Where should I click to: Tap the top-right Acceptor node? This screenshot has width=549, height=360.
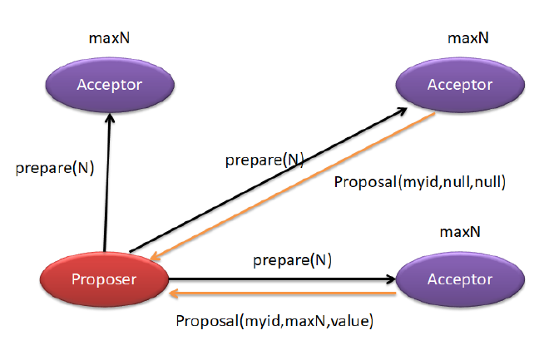click(459, 85)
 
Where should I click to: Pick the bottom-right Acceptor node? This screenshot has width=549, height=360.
click(459, 280)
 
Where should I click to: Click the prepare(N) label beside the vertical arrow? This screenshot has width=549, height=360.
click(55, 167)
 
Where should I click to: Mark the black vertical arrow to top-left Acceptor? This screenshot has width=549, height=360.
click(106, 183)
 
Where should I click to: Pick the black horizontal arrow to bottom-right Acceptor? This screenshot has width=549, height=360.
click(274, 280)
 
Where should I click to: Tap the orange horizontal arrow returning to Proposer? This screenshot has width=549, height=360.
click(283, 293)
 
